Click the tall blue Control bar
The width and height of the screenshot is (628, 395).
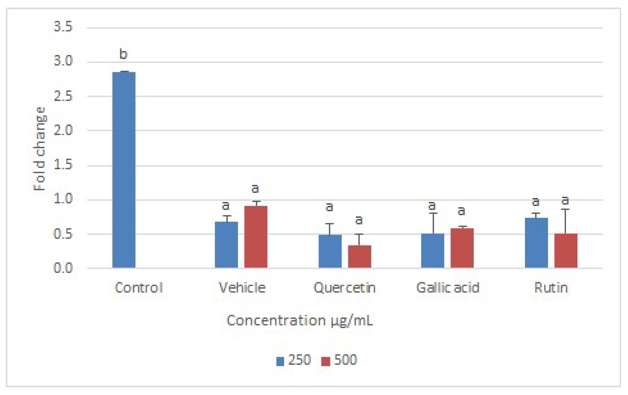[x=124, y=170]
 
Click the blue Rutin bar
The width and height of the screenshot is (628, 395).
[x=536, y=243]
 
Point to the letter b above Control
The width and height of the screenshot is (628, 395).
[x=123, y=54]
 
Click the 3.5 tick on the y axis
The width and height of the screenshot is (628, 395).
[x=63, y=27]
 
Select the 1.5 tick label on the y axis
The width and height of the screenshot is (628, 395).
[x=63, y=165]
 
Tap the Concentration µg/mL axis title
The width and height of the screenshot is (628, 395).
[x=300, y=320]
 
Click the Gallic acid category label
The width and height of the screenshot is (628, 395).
[x=448, y=288]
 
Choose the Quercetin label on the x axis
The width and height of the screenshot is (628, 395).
[x=344, y=288]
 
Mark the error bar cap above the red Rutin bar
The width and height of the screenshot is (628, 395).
[x=565, y=209]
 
